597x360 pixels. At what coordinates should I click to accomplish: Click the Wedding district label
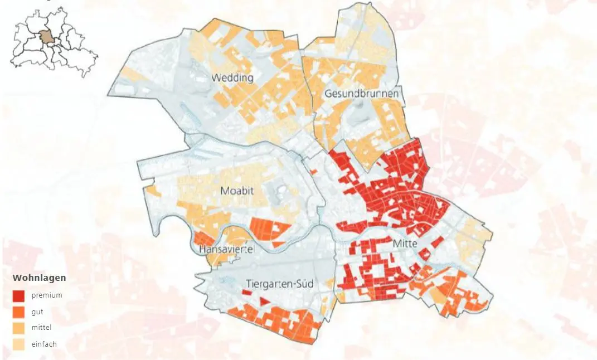pyautogui.click(x=232, y=77)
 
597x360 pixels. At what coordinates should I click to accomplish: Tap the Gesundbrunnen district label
pyautogui.click(x=362, y=94)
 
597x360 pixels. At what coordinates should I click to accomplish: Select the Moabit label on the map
pyautogui.click(x=237, y=191)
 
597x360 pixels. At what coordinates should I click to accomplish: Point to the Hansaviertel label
pyautogui.click(x=226, y=250)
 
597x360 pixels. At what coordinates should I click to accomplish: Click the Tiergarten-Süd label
pyautogui.click(x=279, y=284)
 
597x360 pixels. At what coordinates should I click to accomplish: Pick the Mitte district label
pyautogui.click(x=405, y=244)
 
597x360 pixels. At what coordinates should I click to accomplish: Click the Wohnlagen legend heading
pyautogui.click(x=39, y=278)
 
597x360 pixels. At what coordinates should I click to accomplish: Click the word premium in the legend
pyautogui.click(x=47, y=295)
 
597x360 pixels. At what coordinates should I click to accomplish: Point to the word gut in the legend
pyautogui.click(x=37, y=312)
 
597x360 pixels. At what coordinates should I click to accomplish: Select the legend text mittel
pyautogui.click(x=41, y=328)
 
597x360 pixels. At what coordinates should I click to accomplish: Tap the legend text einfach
pyautogui.click(x=44, y=344)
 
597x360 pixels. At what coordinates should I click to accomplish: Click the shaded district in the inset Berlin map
pyautogui.click(x=47, y=38)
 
